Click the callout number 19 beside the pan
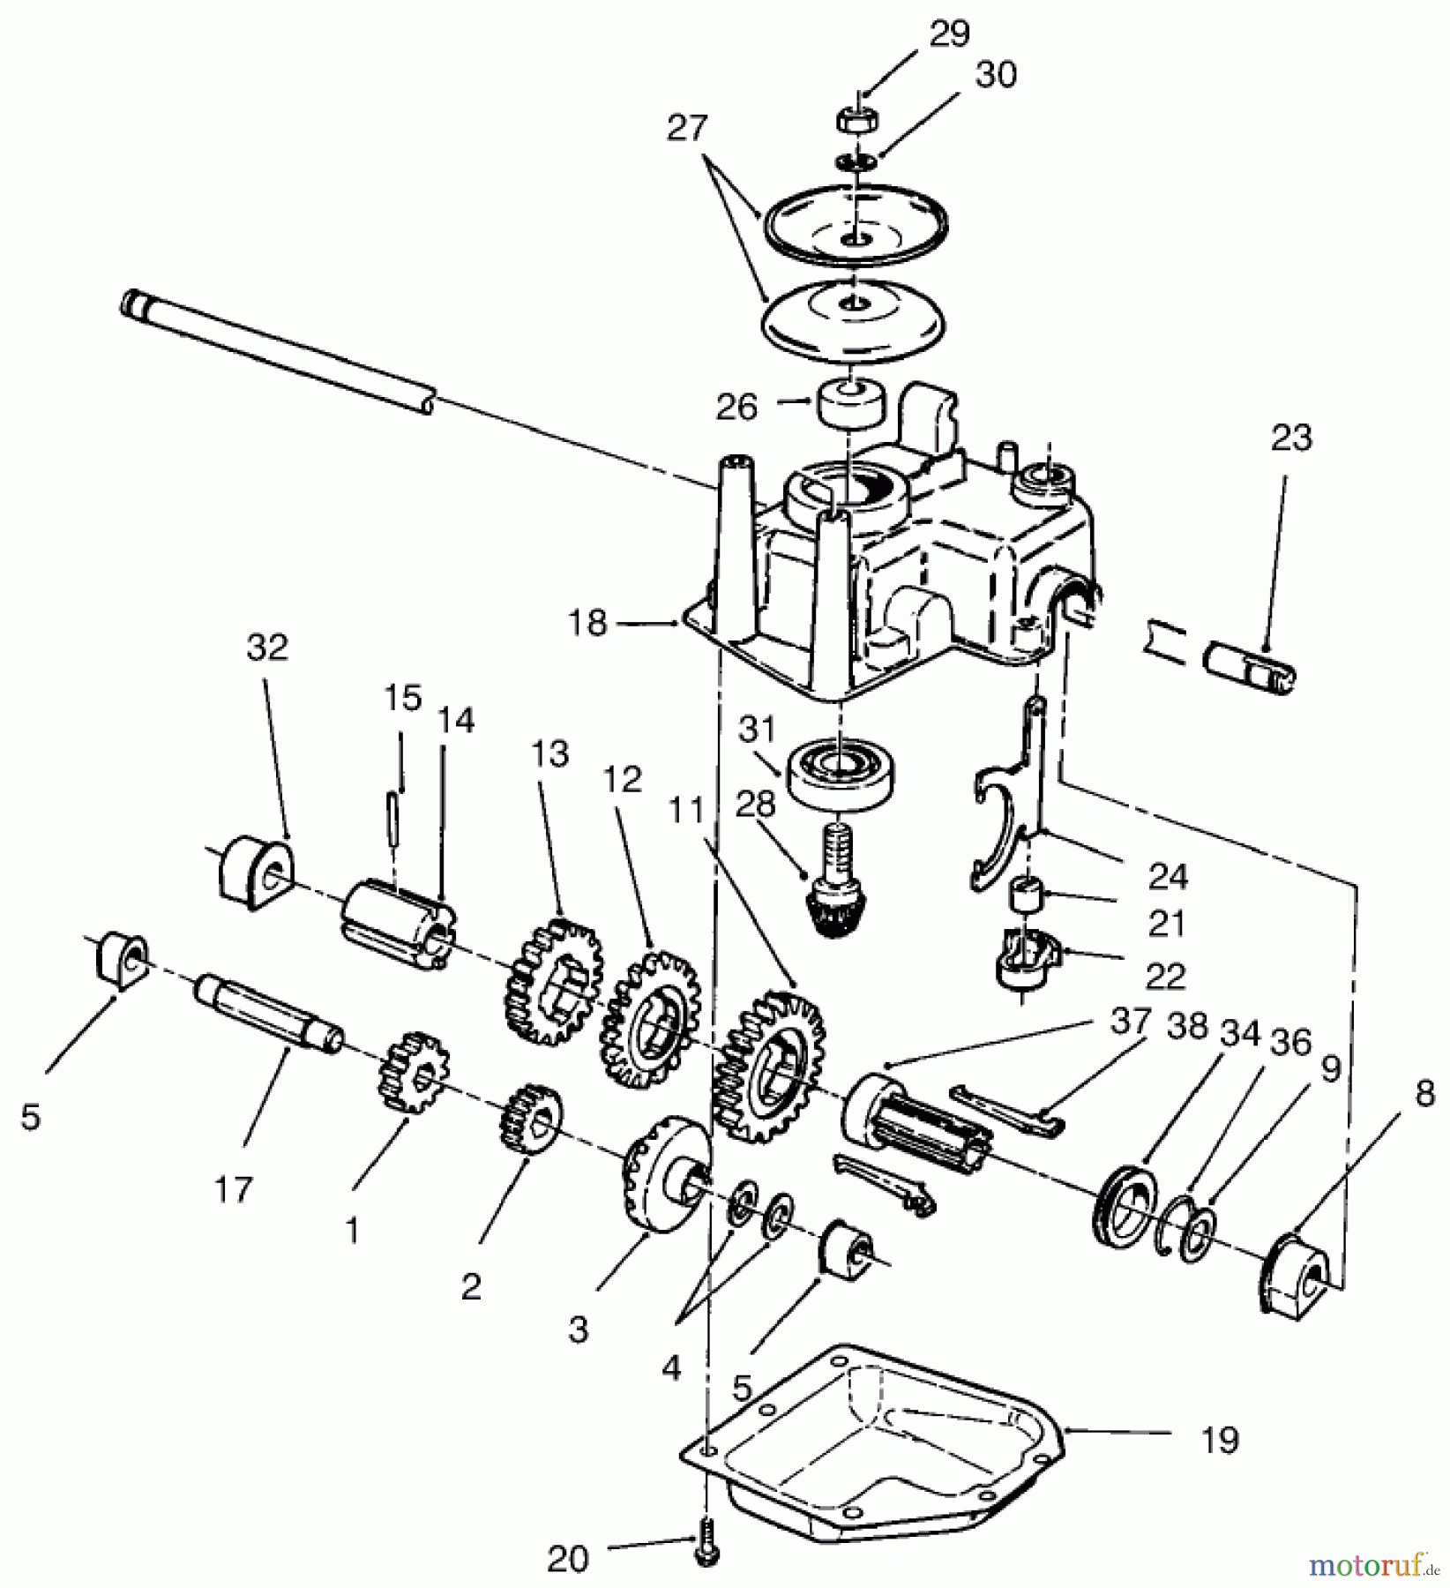point(1220,1441)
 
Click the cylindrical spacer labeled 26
point(852,403)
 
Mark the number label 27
point(687,129)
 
